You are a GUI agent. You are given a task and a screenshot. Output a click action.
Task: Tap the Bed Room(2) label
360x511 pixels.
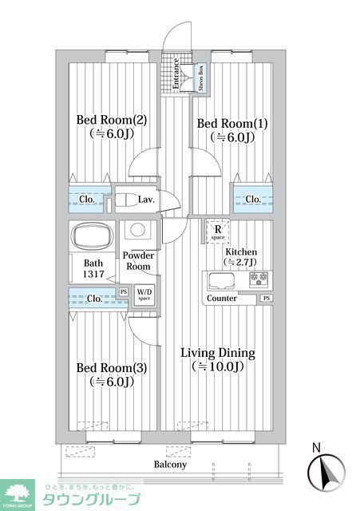click(111, 121)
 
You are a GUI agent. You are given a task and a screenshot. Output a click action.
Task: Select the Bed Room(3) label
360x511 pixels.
click(111, 368)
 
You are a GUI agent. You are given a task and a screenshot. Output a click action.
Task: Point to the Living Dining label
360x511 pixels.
click(217, 352)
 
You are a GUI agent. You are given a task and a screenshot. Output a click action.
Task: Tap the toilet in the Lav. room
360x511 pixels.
click(125, 200)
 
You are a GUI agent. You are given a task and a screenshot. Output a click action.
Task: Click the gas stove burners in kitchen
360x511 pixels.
click(259, 279)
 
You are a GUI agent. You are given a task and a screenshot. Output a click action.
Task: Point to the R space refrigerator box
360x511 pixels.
click(217, 231)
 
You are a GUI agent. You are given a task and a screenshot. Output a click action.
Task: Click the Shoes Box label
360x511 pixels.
click(201, 78)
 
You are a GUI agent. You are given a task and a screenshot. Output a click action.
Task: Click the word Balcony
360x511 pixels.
click(170, 465)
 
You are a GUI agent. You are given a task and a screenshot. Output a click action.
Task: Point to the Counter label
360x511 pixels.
click(222, 299)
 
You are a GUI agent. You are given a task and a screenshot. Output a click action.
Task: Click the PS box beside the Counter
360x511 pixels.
click(266, 299)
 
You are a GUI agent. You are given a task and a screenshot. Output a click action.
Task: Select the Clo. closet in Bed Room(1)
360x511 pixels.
click(252, 199)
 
